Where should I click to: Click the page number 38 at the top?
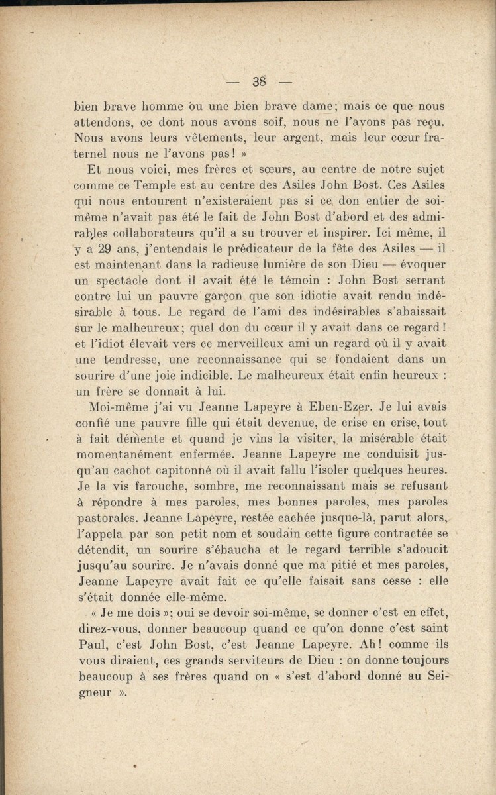(x=258, y=82)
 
